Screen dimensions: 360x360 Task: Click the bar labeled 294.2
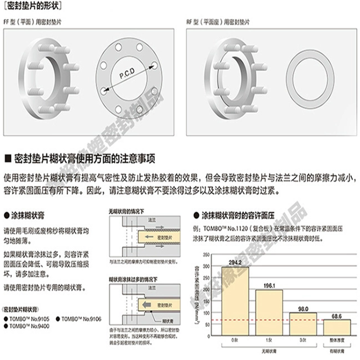[x=235, y=300]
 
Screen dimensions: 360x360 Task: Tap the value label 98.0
[x=302, y=308]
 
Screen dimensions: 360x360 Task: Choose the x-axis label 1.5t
[x=269, y=342]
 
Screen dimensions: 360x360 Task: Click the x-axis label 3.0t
[x=302, y=342]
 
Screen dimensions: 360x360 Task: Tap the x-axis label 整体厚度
[x=336, y=342]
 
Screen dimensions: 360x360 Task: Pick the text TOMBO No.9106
[x=79, y=319]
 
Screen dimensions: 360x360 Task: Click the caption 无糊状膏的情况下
[x=123, y=211]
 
